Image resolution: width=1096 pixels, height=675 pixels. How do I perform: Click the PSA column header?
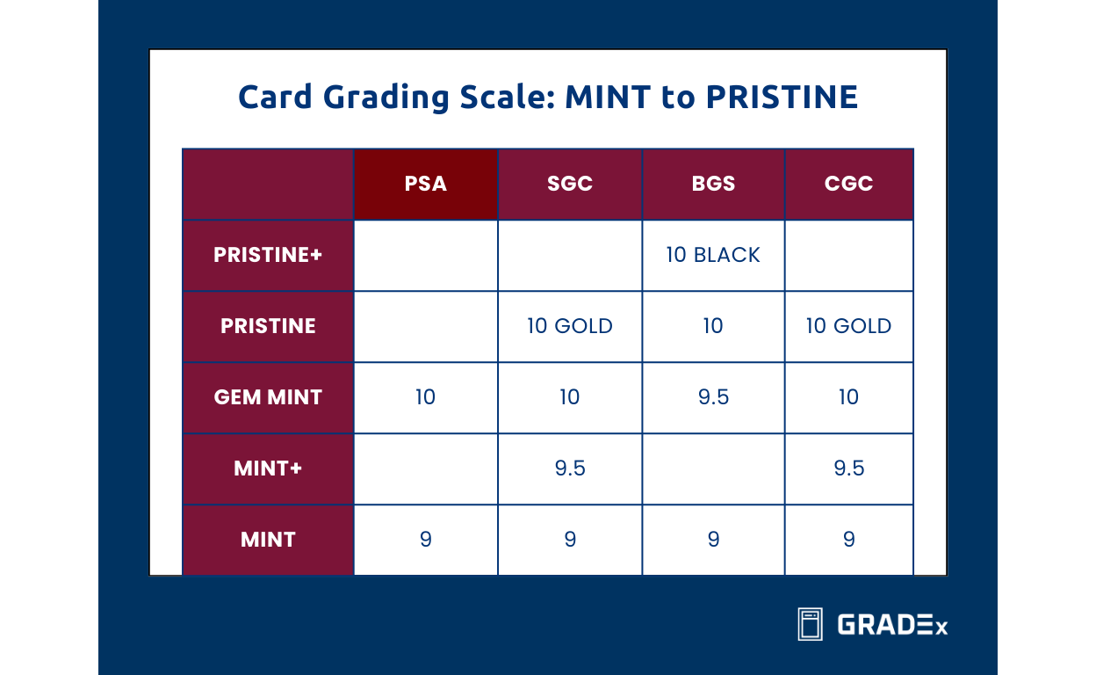click(x=425, y=184)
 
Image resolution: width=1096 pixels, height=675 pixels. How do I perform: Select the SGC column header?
click(x=569, y=184)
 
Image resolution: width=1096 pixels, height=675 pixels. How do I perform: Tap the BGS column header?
click(x=713, y=184)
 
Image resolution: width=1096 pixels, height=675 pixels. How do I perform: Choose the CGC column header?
click(x=848, y=184)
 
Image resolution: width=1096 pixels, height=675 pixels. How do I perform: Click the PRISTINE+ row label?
click(x=268, y=255)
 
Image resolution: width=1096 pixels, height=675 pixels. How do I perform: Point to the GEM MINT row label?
click(x=268, y=397)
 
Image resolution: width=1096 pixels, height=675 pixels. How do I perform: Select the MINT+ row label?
click(x=268, y=468)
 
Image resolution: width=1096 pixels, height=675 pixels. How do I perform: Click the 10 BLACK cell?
click(x=713, y=255)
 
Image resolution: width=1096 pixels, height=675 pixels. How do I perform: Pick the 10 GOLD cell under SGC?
click(x=569, y=326)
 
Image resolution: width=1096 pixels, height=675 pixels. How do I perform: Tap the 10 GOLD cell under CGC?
click(x=848, y=326)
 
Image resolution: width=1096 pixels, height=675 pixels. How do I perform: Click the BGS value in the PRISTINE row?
click(x=713, y=326)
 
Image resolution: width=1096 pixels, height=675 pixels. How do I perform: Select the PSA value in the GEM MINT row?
click(x=425, y=397)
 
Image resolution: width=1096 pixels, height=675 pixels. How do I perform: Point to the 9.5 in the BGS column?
click(x=713, y=397)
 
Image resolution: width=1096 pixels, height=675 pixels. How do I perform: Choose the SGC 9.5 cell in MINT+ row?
click(x=569, y=468)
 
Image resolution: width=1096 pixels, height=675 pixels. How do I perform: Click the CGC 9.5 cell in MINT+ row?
click(x=848, y=468)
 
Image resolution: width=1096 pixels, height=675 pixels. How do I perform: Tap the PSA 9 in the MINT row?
click(x=425, y=539)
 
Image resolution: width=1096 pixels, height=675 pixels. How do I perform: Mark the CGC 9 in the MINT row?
click(x=848, y=539)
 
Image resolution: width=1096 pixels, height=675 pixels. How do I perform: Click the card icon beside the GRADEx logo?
click(x=810, y=624)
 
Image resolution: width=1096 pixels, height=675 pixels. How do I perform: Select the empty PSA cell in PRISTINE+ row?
click(x=425, y=255)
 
